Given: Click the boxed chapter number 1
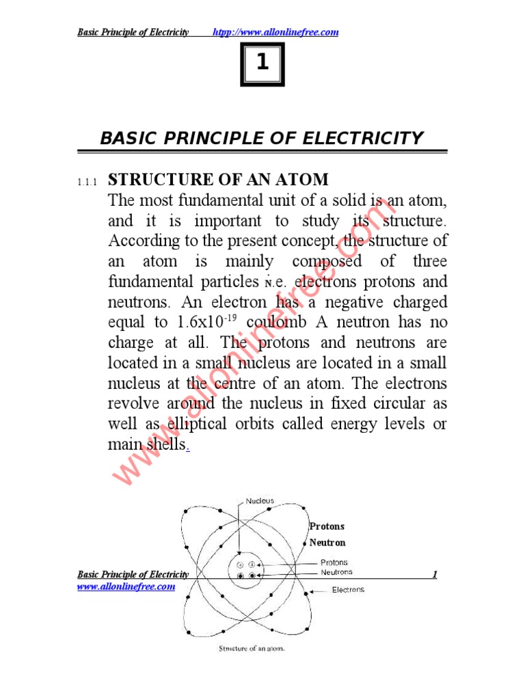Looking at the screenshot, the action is click(x=262, y=64).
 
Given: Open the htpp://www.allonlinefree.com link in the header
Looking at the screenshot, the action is click(x=276, y=33).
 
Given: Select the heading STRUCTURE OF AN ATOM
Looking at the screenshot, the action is click(x=219, y=180).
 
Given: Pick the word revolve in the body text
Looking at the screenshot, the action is click(x=134, y=403).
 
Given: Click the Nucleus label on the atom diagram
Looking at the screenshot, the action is click(x=260, y=501).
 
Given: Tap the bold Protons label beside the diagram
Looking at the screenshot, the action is click(x=327, y=526).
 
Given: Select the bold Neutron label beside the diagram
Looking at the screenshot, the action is click(x=327, y=543).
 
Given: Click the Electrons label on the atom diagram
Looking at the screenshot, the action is click(x=348, y=589).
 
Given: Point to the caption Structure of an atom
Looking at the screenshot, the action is click(x=251, y=649).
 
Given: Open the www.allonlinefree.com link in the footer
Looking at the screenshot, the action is click(x=126, y=587).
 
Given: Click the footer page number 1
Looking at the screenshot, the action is click(x=434, y=575).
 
